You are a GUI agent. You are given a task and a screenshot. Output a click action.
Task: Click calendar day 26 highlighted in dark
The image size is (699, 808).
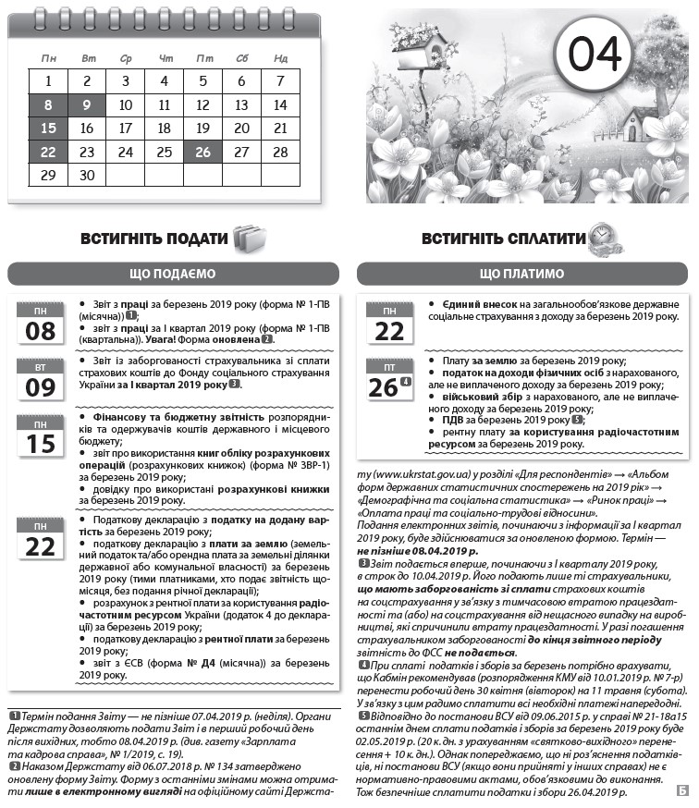click(203, 152)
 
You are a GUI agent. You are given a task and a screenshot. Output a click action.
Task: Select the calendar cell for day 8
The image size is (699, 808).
click(48, 104)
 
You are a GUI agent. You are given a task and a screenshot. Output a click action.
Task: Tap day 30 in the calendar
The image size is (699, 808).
click(87, 175)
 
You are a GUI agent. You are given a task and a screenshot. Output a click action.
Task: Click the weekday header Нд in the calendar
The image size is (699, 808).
click(280, 58)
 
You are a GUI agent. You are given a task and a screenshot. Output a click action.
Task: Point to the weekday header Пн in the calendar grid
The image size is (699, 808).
click(48, 58)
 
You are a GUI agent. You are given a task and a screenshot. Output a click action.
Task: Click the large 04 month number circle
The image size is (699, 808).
click(595, 55)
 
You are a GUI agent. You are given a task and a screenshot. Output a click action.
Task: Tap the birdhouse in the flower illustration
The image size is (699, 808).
click(421, 43)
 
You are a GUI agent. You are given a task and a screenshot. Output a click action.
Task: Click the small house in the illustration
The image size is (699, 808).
click(639, 123)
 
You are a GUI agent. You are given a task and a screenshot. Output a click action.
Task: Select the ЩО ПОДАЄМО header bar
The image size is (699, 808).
click(172, 274)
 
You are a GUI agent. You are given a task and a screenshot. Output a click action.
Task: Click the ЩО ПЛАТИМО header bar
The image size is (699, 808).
click(521, 274)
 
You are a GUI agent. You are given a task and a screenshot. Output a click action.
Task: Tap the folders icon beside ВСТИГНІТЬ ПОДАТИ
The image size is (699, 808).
click(248, 239)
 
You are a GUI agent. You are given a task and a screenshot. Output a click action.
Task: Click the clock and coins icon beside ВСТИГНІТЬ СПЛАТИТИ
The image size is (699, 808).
click(606, 238)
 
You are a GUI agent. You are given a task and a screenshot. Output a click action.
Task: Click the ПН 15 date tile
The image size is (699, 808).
click(41, 436)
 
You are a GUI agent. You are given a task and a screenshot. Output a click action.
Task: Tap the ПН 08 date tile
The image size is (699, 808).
click(41, 324)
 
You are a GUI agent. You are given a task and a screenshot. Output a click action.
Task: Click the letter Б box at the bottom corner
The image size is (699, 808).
click(681, 790)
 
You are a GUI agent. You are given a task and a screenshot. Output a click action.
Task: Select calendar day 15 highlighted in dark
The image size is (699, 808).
click(48, 129)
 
